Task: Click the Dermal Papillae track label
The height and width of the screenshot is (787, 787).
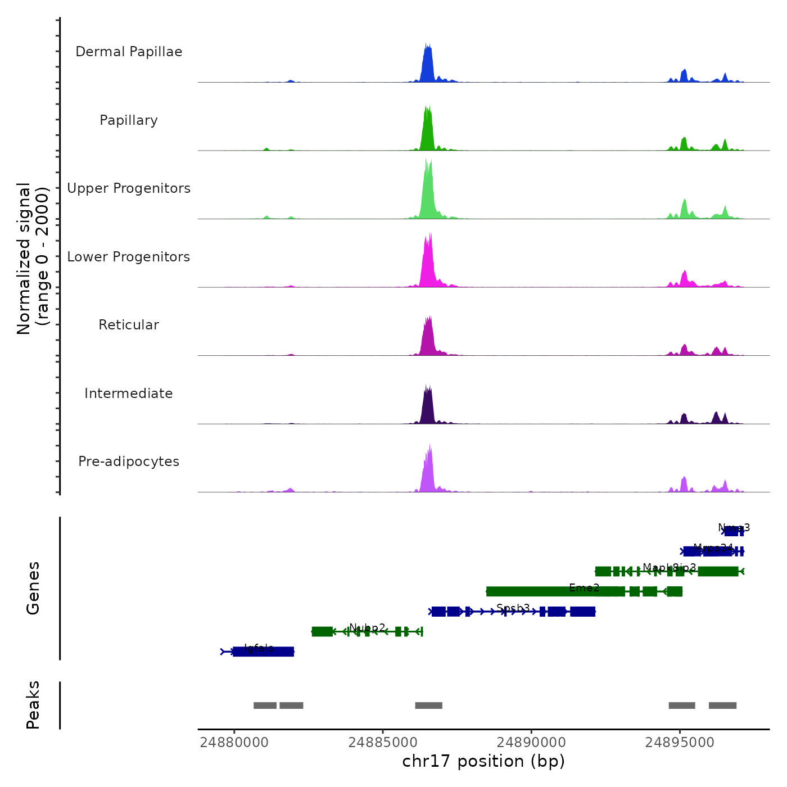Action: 129,52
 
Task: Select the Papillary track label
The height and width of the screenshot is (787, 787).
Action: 129,120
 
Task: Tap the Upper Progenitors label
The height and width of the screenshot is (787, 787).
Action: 129,188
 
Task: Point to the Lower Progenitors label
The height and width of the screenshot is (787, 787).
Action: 129,257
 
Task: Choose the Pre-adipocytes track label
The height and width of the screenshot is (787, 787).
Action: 129,462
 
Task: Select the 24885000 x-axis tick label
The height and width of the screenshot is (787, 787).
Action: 383,742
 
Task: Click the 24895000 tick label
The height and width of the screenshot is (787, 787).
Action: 680,742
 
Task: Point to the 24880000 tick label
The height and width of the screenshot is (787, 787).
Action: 234,742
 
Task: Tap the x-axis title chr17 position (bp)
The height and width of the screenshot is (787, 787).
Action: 483,761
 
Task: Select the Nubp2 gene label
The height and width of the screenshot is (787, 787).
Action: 367,627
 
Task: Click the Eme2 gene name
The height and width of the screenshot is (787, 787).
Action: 584,587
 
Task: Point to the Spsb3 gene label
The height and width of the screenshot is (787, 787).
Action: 513,608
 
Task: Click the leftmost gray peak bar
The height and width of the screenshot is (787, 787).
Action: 265,705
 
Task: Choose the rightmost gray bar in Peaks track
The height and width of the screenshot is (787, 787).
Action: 722,705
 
